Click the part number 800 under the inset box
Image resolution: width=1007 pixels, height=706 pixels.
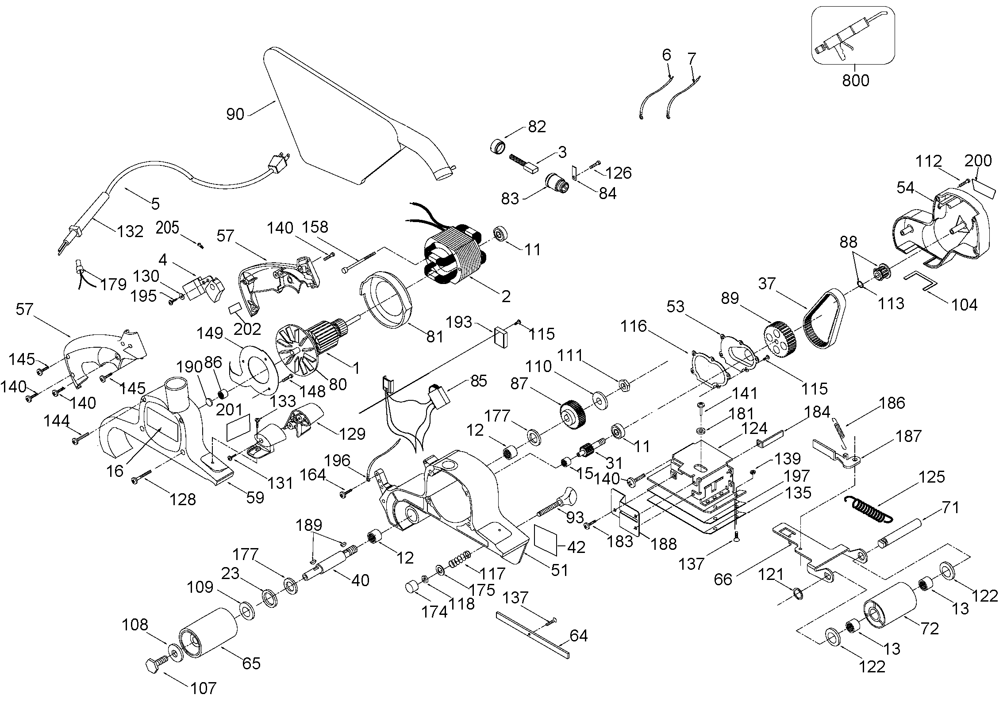[x=855, y=81]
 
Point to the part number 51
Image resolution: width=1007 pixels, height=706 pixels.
[x=559, y=570]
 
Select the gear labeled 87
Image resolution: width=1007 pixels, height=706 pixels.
[x=573, y=414]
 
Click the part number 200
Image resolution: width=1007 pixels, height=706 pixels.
[x=978, y=160]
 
